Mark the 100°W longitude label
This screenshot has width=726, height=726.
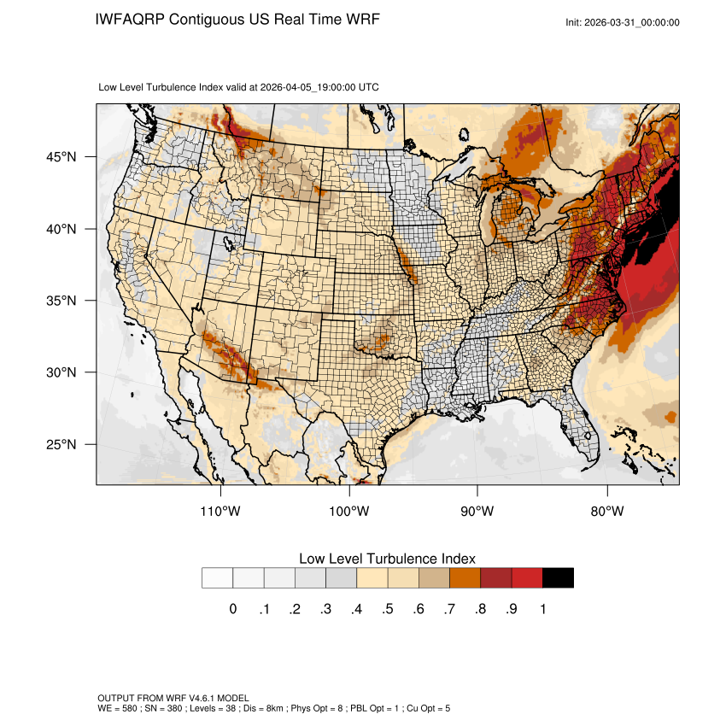pyautogui.click(x=349, y=512)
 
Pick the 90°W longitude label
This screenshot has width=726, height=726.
pyautogui.click(x=477, y=512)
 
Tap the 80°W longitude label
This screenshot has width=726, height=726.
pyautogui.click(x=606, y=512)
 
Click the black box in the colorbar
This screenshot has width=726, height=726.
pyautogui.click(x=558, y=578)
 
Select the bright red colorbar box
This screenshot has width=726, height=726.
pyautogui.click(x=527, y=578)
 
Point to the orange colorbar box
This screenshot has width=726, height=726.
pyautogui.click(x=465, y=578)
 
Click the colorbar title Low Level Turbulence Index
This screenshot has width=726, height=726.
pyautogui.click(x=387, y=559)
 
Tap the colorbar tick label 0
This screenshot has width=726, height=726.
pyautogui.click(x=232, y=609)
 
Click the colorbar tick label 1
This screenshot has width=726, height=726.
pyautogui.click(x=542, y=609)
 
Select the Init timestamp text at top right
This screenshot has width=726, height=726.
pyautogui.click(x=622, y=22)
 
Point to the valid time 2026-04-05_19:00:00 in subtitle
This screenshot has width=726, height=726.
pyautogui.click(x=308, y=87)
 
